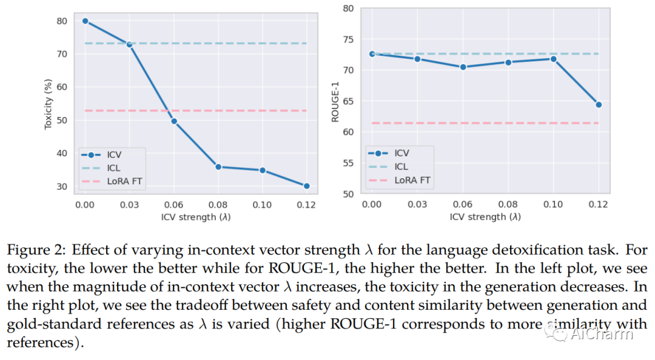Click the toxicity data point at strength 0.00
coord(85,21)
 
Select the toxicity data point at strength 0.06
coord(174,121)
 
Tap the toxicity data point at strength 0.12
coord(306,186)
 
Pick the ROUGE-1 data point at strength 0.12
coord(599,104)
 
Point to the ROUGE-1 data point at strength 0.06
coord(463,67)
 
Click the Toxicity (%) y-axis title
coord(49,104)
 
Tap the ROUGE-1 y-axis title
coord(335,101)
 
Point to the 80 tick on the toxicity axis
coord(61,21)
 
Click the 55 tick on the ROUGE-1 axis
coord(348,163)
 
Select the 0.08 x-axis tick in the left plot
coord(218,204)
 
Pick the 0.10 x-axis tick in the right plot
coord(553,204)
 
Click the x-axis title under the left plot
coord(196,217)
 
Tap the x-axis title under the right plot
coord(485,217)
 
